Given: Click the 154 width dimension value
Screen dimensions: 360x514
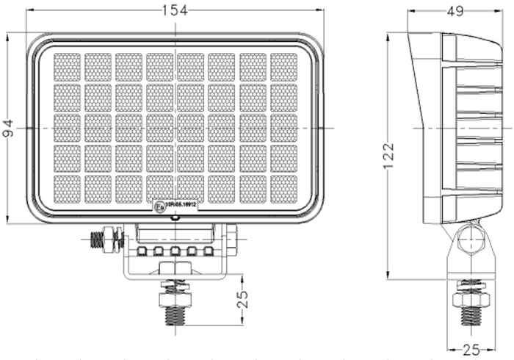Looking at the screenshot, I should pyautogui.click(x=175, y=9).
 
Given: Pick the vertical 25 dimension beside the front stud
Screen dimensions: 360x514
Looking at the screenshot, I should pyautogui.click(x=243, y=299).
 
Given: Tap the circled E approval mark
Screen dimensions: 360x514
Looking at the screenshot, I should pyautogui.click(x=159, y=208).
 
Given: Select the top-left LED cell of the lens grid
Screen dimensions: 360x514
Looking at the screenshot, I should pyautogui.click(x=67, y=67).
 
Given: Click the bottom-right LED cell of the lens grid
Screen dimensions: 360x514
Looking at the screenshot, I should pyautogui.click(x=283, y=190).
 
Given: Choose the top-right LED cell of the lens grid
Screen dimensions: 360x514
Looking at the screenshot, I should pyautogui.click(x=283, y=67).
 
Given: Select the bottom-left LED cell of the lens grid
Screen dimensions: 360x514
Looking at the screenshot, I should pyautogui.click(x=67, y=190).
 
